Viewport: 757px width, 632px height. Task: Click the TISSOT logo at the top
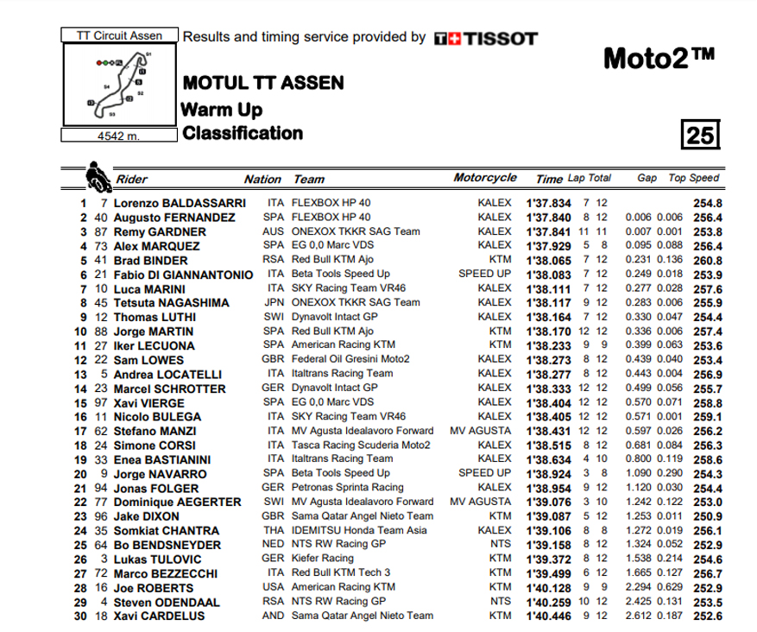pyautogui.click(x=485, y=38)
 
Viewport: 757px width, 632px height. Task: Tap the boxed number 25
pyautogui.click(x=699, y=135)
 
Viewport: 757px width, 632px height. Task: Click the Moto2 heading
pyautogui.click(x=659, y=59)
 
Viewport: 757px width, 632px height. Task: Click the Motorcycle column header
pyautogui.click(x=485, y=178)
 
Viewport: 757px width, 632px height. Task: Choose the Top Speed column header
pyautogui.click(x=693, y=178)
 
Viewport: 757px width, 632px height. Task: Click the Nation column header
pyautogui.click(x=262, y=180)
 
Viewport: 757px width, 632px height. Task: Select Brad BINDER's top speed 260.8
pyautogui.click(x=709, y=259)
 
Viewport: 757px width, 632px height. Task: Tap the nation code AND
pyautogui.click(x=274, y=616)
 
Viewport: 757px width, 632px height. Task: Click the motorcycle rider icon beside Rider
pyautogui.click(x=97, y=176)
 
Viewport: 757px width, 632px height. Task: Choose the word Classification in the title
pyautogui.click(x=242, y=133)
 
